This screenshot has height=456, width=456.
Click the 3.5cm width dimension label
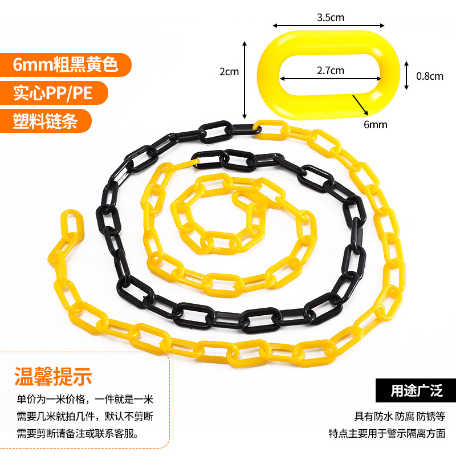pos(330,17)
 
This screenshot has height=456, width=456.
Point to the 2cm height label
pos(229,72)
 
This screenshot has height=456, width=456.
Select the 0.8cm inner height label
pos(429,75)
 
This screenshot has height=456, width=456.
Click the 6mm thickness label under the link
pos(374,124)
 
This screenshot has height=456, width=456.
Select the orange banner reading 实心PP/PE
pos(52,92)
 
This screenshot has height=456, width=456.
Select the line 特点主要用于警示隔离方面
pos(386,433)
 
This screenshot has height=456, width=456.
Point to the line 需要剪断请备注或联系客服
pos(77,433)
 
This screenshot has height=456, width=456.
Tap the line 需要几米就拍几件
pos(85,416)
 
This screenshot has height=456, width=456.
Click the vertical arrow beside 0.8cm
pos(406,75)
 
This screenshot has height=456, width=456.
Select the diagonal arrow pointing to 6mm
pos(359,105)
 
